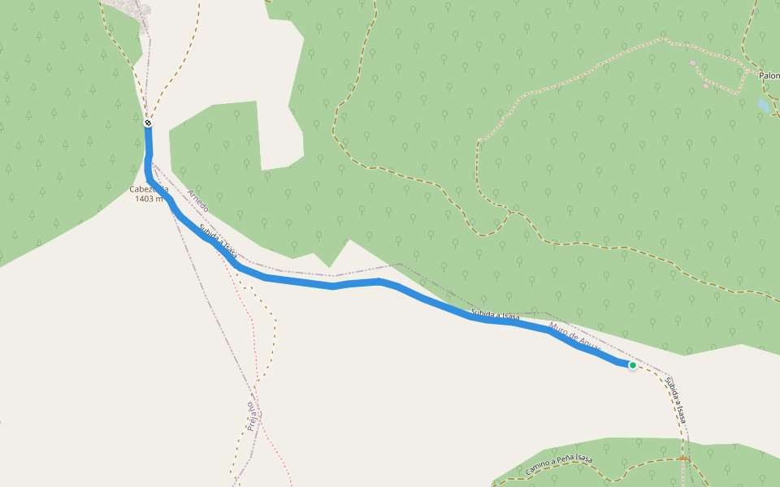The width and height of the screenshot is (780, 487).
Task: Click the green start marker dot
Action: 632,365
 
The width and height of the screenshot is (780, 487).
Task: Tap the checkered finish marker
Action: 148,123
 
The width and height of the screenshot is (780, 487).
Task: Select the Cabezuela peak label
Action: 149,189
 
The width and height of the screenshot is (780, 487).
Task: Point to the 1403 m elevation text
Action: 149,199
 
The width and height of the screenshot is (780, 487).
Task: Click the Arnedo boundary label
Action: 197,200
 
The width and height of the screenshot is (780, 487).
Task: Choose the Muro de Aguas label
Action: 575,339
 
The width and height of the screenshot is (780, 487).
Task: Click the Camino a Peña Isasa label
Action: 559,466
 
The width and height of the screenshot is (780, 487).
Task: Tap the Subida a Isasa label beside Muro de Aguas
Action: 494,316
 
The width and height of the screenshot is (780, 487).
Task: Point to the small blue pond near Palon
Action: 763,106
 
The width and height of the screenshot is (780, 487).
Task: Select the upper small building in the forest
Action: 692,62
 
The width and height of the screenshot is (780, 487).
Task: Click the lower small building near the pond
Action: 707,86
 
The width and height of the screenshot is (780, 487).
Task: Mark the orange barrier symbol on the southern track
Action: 684,459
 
